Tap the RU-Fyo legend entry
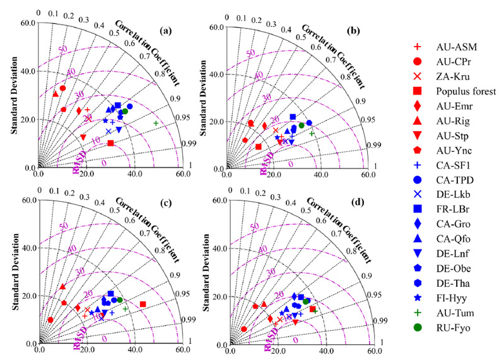(x=447, y=327)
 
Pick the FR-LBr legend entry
(x=445, y=209)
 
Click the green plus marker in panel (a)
(x=156, y=122)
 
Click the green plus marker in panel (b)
(x=312, y=133)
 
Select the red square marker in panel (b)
(x=259, y=147)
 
